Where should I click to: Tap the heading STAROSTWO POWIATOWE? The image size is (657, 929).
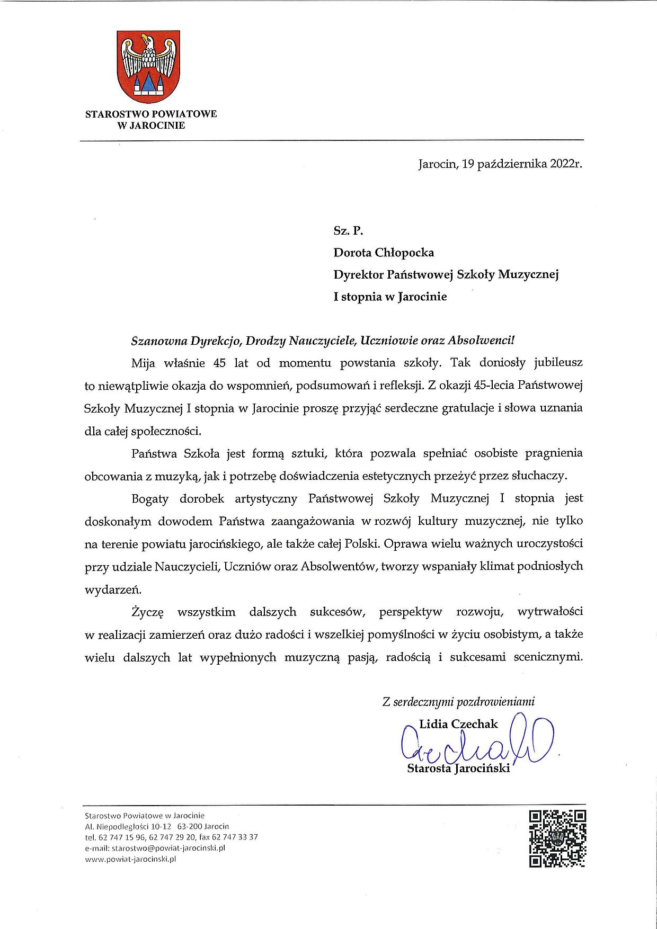point(151,114)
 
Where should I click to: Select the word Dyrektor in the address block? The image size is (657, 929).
point(358,274)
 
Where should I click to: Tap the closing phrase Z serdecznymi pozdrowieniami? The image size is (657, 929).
point(458,702)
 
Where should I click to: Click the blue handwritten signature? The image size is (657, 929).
point(477,739)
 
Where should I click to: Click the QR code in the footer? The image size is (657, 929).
point(558,838)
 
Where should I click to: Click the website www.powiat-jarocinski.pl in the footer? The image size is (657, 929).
point(130,859)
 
